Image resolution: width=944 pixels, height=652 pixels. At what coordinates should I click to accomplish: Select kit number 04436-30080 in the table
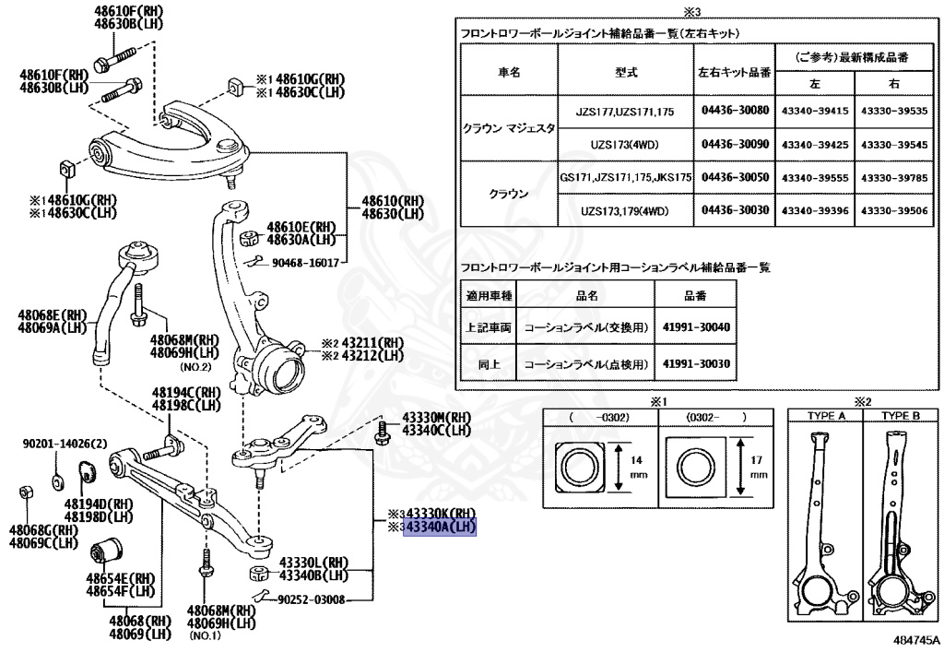click(735, 111)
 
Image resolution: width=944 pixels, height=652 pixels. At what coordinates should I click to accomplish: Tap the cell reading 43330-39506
click(893, 210)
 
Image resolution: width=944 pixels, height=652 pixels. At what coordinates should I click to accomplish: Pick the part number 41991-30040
click(696, 327)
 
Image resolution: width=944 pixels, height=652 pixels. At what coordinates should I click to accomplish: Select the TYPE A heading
click(826, 416)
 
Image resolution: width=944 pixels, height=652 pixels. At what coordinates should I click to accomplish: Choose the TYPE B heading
click(900, 416)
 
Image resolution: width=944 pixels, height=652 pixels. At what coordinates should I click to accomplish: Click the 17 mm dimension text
click(759, 464)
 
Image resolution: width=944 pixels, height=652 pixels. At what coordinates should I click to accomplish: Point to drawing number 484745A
click(915, 638)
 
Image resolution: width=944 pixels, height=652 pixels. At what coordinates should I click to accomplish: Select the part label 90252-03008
click(313, 599)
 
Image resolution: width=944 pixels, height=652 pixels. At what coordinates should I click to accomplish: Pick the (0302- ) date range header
click(715, 417)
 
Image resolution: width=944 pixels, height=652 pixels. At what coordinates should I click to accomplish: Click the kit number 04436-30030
click(735, 210)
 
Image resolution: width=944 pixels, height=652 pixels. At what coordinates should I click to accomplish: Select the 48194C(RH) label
click(186, 393)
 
